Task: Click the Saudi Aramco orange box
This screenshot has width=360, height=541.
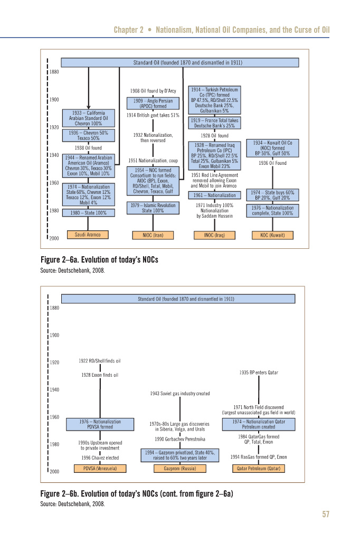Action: [88, 235]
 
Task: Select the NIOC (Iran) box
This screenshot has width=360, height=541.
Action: [153, 235]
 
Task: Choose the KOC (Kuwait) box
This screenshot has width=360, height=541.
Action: [272, 235]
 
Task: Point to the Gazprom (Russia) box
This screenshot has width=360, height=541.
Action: [180, 469]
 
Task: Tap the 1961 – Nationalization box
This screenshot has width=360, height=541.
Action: [214, 195]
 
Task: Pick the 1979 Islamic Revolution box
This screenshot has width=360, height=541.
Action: [153, 208]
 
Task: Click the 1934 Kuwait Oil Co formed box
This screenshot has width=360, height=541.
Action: [272, 148]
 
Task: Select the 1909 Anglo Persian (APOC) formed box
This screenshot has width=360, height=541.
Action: [153, 104]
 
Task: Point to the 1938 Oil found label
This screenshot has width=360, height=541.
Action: [88, 148]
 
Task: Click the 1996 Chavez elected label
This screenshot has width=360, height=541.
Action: [100, 458]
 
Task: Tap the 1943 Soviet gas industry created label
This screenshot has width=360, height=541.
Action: [180, 394]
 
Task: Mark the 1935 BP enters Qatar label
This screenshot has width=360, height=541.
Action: [258, 372]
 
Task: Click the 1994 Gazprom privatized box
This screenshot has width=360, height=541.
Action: [180, 455]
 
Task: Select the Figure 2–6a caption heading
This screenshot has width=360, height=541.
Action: [99, 260]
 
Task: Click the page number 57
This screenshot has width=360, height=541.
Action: [325, 515]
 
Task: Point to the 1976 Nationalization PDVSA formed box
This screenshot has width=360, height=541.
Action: [100, 424]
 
